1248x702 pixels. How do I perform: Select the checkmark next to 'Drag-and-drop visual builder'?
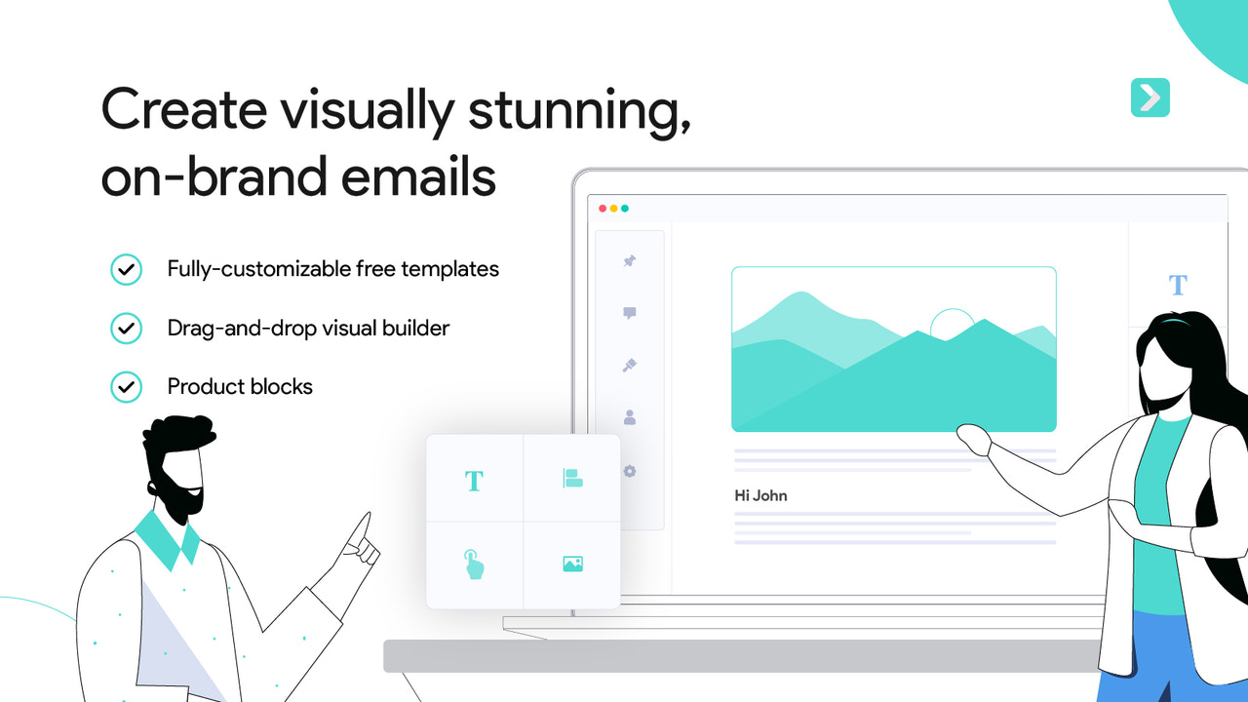pyautogui.click(x=126, y=328)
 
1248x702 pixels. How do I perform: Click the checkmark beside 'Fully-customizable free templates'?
pyautogui.click(x=126, y=269)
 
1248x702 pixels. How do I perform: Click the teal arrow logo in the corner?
pyautogui.click(x=1150, y=97)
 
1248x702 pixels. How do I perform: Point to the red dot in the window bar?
pyautogui.click(x=603, y=209)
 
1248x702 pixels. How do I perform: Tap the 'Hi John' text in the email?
pyautogui.click(x=760, y=495)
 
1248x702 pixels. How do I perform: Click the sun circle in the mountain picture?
pyautogui.click(x=952, y=324)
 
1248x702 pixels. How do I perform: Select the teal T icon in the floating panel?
pyautogui.click(x=474, y=481)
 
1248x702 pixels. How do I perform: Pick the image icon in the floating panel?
pyautogui.click(x=572, y=564)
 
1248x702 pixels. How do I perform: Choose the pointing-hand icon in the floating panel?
pyautogui.click(x=474, y=564)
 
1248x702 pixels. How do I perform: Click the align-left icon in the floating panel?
pyautogui.click(x=572, y=478)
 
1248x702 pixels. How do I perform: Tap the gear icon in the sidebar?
pyautogui.click(x=630, y=471)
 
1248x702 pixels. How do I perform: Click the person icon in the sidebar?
pyautogui.click(x=630, y=417)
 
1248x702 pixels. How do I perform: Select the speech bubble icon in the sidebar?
pyautogui.click(x=630, y=313)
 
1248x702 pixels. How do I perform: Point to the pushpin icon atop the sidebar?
pyautogui.click(x=630, y=260)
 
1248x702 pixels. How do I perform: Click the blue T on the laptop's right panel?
pyautogui.click(x=1178, y=285)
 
